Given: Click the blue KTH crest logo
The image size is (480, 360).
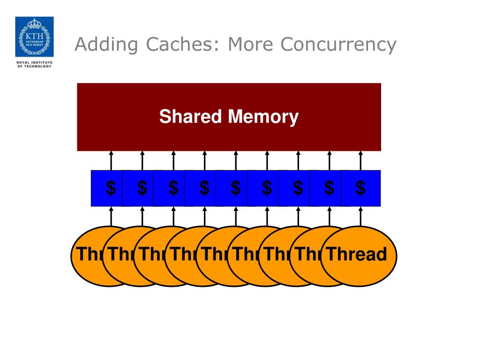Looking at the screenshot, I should (34, 37).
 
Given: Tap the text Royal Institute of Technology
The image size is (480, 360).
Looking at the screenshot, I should (34, 64).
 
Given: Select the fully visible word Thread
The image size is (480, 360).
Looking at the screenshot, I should (357, 254).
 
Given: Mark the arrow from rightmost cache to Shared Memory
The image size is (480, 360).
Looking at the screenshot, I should (360, 160).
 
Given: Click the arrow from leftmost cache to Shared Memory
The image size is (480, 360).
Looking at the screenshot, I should (111, 160).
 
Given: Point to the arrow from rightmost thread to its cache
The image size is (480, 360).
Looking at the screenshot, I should (360, 217).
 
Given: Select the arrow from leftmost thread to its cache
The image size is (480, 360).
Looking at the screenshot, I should (111, 217).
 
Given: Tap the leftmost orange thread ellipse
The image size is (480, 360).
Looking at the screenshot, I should (87, 256).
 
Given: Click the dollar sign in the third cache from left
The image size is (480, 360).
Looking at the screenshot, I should (173, 188).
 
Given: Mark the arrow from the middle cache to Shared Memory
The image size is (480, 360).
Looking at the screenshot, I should (236, 160).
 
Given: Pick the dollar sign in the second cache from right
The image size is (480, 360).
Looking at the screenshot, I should (330, 188).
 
